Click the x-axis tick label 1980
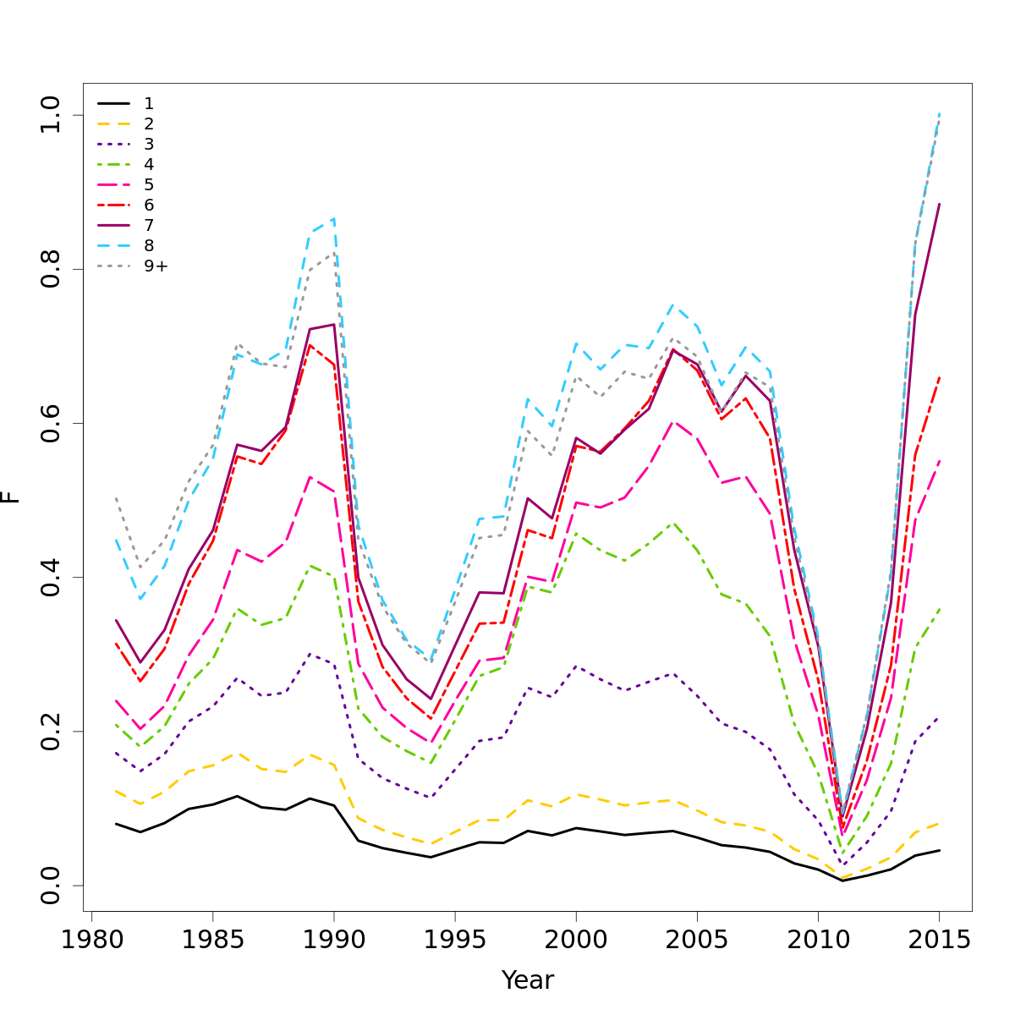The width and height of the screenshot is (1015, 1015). click(x=91, y=941)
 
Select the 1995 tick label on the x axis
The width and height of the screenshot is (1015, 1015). click(x=455, y=941)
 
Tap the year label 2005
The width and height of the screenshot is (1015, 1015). click(x=697, y=941)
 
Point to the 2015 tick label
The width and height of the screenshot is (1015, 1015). click(x=939, y=941)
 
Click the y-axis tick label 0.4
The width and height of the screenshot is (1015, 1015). click(x=51, y=577)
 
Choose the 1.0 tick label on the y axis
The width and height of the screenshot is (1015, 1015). click(x=51, y=115)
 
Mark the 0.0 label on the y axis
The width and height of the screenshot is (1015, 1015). click(x=51, y=885)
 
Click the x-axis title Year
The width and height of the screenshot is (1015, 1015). click(x=528, y=980)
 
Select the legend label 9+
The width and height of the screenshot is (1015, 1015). click(x=156, y=266)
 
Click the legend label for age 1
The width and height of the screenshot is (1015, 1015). click(x=149, y=103)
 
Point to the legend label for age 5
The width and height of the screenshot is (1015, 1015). click(x=149, y=184)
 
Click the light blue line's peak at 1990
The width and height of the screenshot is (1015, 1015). click(x=334, y=218)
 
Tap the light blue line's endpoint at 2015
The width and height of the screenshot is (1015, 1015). click(x=939, y=113)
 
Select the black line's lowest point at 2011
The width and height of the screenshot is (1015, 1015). click(x=842, y=881)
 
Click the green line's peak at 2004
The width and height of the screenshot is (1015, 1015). click(x=673, y=523)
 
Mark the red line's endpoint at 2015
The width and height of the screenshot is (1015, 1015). click(x=939, y=377)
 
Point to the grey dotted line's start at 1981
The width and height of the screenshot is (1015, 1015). click(x=116, y=498)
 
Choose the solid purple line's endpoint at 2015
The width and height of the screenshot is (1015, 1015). click(x=939, y=204)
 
